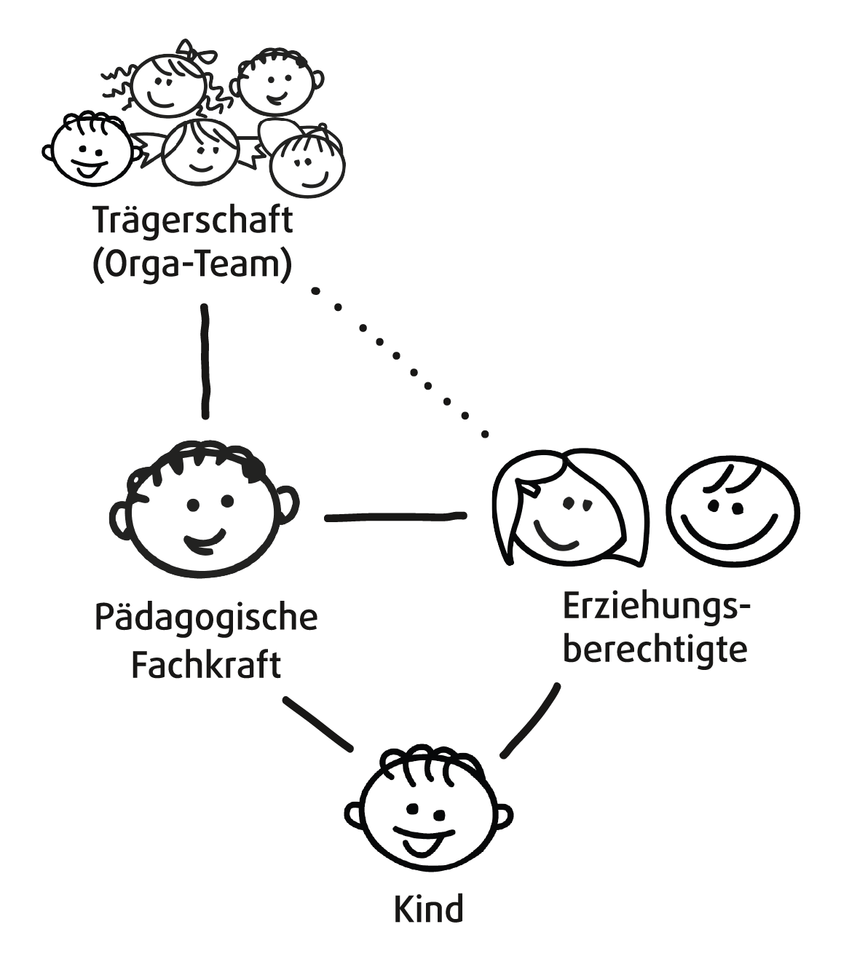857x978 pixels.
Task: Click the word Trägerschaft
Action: (x=192, y=221)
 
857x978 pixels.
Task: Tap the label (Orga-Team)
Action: (x=192, y=265)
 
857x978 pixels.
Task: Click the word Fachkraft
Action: (x=206, y=664)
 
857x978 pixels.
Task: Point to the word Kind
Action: (x=428, y=910)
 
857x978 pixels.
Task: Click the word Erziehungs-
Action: (x=655, y=607)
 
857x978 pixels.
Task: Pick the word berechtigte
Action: (x=655, y=649)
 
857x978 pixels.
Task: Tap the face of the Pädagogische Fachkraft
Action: (x=204, y=510)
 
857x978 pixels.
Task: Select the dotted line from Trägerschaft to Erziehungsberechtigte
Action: (x=397, y=357)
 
